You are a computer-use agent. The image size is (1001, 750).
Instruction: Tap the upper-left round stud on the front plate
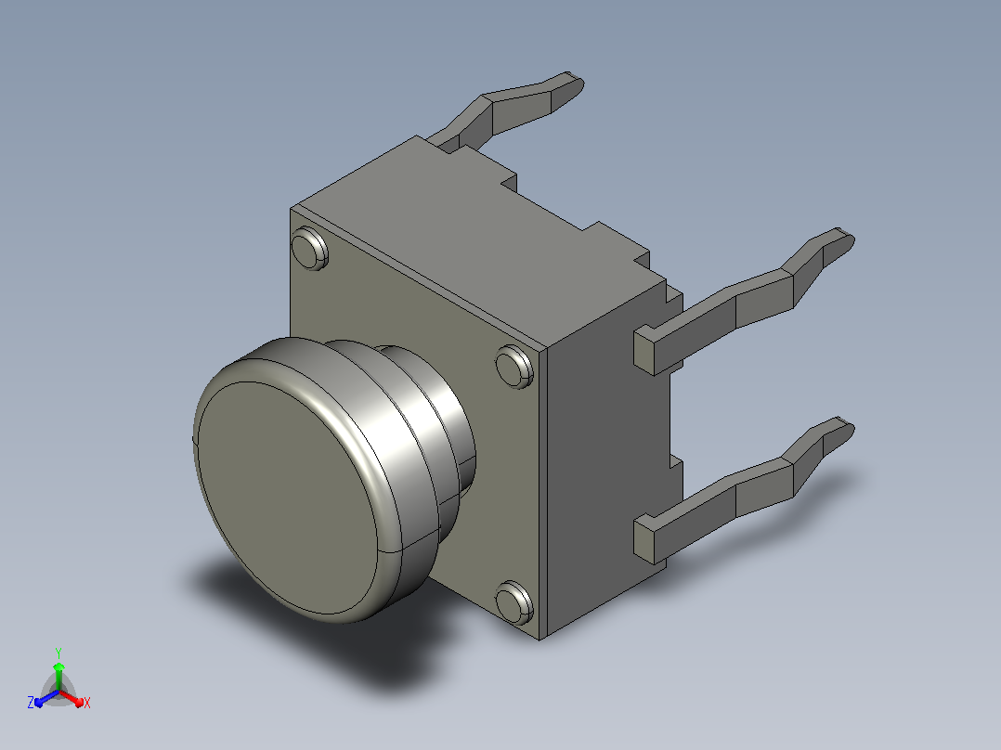[309, 248]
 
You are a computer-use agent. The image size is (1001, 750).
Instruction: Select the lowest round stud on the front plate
[513, 602]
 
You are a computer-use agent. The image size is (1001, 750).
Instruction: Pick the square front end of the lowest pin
[645, 540]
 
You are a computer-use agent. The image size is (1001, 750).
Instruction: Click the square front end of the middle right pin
[645, 351]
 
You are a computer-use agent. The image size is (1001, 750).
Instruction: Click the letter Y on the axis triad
[58, 653]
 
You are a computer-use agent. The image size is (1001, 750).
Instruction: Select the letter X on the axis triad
[87, 704]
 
